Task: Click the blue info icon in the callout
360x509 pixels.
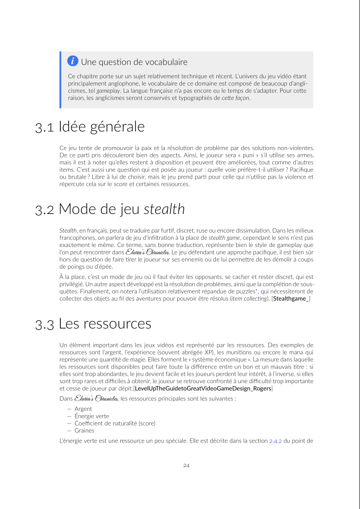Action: click(x=73, y=61)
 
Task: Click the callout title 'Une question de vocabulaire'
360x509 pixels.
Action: click(x=134, y=62)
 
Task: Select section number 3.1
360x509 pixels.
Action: click(x=45, y=128)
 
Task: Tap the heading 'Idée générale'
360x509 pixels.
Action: click(x=101, y=127)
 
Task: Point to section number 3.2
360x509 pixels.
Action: click(x=45, y=210)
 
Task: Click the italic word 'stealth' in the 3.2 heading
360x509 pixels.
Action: click(x=164, y=209)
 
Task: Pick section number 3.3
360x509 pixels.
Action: click(x=45, y=325)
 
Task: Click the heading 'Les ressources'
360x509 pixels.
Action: click(x=105, y=324)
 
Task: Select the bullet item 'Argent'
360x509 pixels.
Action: click(x=83, y=409)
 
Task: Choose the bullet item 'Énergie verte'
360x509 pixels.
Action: click(x=91, y=416)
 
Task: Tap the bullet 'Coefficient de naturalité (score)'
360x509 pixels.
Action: click(x=115, y=423)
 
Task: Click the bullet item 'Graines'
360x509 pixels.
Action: click(x=84, y=430)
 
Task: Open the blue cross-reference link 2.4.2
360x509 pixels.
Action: click(x=275, y=442)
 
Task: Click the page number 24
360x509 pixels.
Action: click(x=186, y=466)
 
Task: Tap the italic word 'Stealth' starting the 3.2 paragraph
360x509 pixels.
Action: click(x=68, y=230)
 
